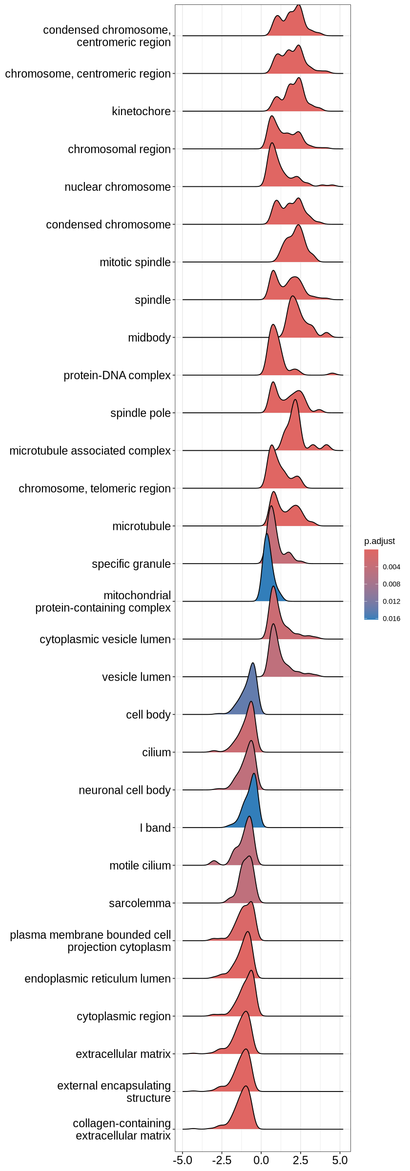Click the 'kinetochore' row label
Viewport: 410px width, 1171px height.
[x=141, y=111]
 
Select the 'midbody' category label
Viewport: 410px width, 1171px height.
[x=149, y=338]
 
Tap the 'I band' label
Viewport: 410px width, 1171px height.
[x=155, y=828]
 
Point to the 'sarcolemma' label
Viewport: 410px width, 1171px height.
[x=140, y=903]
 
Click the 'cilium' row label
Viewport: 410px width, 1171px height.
[x=157, y=752]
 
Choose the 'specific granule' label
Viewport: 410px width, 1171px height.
[x=131, y=564]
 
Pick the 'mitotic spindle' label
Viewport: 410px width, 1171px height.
[x=135, y=262]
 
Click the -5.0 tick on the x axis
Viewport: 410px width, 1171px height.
[x=182, y=1160]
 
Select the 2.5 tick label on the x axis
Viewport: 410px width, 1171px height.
[x=301, y=1160]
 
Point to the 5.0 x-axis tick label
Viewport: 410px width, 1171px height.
[x=340, y=1160]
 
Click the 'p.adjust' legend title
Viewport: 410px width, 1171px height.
[x=379, y=541]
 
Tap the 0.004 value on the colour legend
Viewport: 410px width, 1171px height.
[x=391, y=567]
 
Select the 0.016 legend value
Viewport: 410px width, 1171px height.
[x=391, y=619]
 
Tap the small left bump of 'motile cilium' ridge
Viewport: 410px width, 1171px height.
[x=214, y=862]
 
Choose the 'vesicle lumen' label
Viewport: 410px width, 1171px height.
[x=136, y=677]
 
